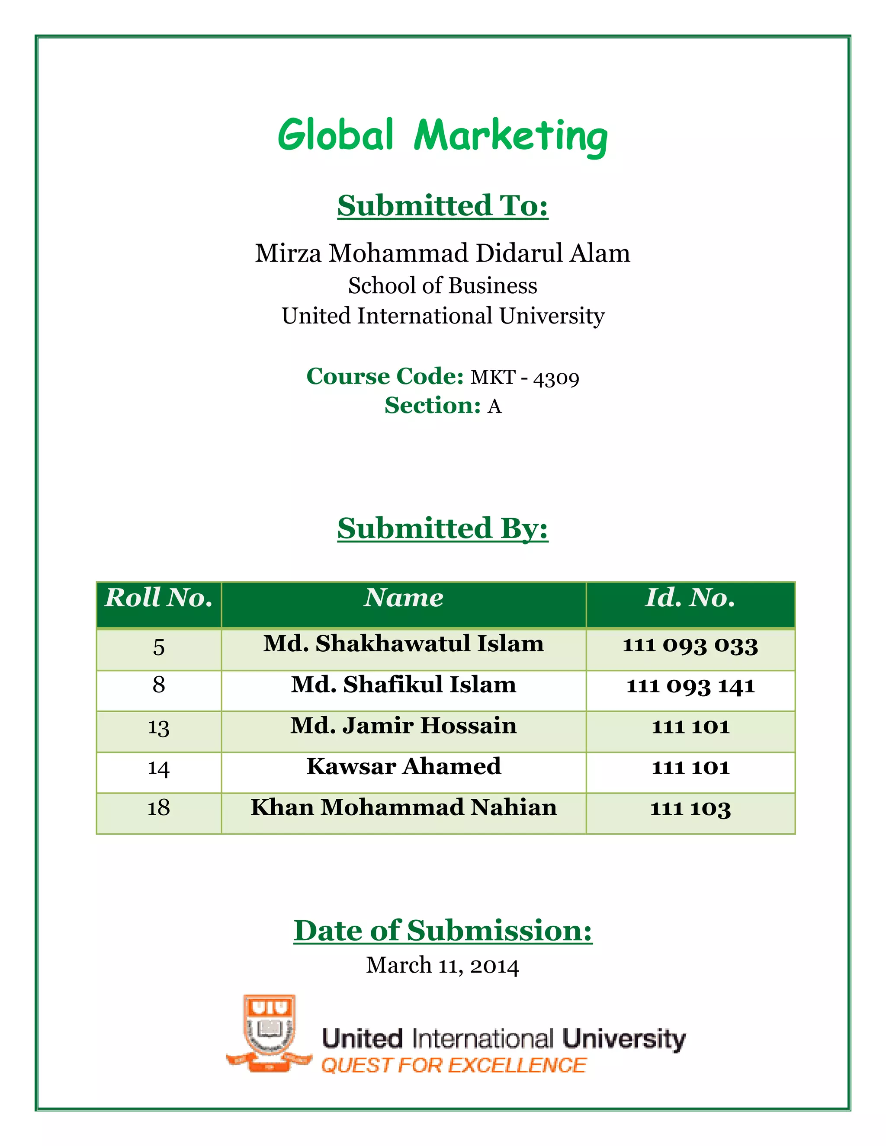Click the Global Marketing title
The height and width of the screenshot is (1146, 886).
coord(443,135)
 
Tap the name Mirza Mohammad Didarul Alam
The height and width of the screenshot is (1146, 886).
coord(443,253)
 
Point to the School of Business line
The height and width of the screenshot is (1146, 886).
coord(443,286)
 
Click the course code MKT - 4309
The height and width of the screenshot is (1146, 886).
coord(524,377)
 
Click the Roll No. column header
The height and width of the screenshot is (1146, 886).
coord(158,598)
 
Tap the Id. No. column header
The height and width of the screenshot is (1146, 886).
coord(690,598)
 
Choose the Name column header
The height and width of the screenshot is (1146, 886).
coord(403,598)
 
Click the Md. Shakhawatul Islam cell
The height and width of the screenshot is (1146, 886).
coord(403,644)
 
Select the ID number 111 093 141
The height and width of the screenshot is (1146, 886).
coord(690,686)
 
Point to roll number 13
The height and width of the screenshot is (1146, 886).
coord(158,727)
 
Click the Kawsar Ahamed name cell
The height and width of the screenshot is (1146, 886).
coord(403,767)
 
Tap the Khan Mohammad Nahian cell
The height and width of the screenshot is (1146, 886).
coord(403,807)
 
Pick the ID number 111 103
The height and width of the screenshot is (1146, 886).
coord(690,809)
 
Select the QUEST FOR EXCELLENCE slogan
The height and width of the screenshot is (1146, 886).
coord(453,1065)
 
